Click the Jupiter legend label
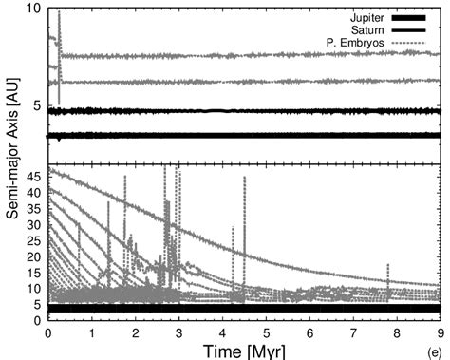click(367, 18)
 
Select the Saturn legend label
click(369, 30)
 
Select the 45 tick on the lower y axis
click(36, 176)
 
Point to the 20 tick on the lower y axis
click(36, 256)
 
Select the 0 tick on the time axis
click(47, 332)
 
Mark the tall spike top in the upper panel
click(59, 12)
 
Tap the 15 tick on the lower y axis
click(36, 273)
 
